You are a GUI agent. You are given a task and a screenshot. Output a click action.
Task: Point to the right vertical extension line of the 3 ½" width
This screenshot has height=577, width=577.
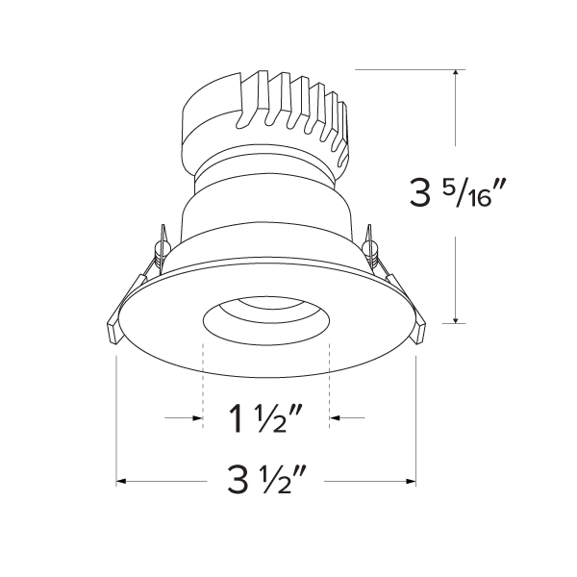coord(416,414)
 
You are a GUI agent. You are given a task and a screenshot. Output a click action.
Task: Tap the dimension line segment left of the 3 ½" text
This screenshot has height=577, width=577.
coord(168,480)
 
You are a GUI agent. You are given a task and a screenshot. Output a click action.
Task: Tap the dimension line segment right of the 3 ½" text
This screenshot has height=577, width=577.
coord(370,480)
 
